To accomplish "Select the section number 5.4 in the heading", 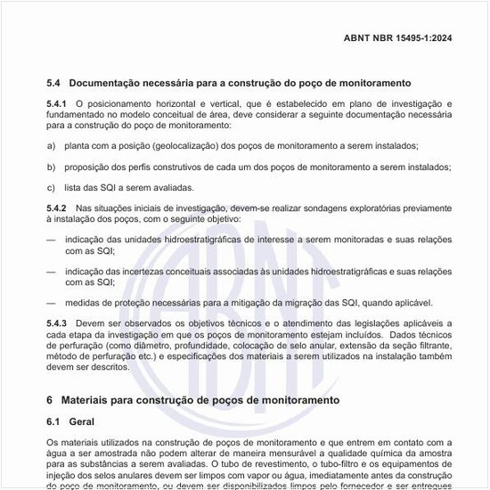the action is click(x=53, y=82).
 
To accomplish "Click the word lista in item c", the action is click(x=73, y=187).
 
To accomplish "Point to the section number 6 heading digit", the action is click(x=50, y=400).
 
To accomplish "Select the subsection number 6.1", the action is click(x=54, y=421).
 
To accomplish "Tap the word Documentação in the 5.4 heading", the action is click(x=108, y=82).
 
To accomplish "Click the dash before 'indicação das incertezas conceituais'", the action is click(x=51, y=270).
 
